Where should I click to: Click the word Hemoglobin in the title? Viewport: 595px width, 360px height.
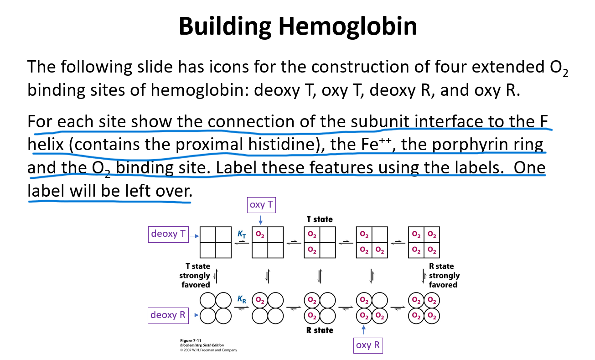348,26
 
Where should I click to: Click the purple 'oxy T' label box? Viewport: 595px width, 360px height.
261,204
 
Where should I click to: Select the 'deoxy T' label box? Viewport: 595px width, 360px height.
168,234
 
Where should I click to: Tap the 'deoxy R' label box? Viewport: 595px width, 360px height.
168,315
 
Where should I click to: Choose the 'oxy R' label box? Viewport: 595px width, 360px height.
367,345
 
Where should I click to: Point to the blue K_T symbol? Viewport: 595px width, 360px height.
242,234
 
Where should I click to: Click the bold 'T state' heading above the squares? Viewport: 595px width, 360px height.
320,219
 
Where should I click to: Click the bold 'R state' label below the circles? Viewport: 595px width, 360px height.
320,330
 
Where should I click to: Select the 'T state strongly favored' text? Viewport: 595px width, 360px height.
195,275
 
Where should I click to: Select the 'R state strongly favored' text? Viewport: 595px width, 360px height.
444,275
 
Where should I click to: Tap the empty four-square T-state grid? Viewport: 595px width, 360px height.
216,242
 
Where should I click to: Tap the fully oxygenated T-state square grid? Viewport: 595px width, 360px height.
424,242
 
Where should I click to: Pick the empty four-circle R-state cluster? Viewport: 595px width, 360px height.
216,308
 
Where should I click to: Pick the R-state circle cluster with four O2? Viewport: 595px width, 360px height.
424,308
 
